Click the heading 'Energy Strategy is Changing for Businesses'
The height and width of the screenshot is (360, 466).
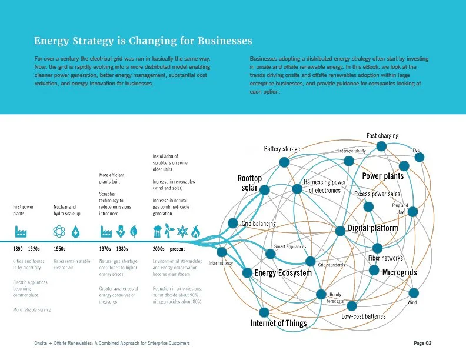(143, 41)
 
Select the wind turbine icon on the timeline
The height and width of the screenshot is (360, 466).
(169, 230)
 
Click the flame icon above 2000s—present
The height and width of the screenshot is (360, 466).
(196, 231)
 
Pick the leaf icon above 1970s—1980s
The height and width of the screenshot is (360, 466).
(134, 231)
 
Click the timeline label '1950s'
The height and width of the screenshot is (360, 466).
(59, 249)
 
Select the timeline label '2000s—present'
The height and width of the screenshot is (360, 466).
(169, 249)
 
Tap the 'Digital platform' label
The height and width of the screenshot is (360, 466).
(372, 228)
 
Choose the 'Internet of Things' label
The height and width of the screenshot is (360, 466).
(278, 323)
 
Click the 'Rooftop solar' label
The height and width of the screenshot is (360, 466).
(249, 182)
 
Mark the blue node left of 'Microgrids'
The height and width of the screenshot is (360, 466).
(373, 271)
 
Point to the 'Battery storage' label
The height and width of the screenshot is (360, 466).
(282, 149)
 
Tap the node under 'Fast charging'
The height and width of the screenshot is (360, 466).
(381, 146)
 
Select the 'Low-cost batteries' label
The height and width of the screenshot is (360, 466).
(364, 316)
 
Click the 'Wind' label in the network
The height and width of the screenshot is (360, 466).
(412, 302)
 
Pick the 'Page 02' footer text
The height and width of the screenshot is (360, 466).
(422, 343)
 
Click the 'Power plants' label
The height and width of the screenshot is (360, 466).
(382, 176)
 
